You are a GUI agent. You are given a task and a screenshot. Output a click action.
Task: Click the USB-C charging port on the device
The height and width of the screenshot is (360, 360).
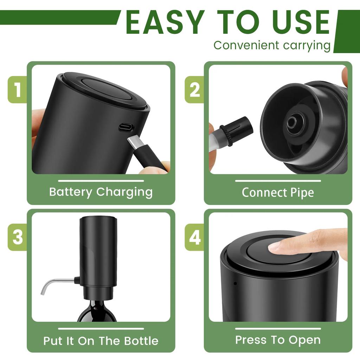pyautogui.click(x=126, y=127)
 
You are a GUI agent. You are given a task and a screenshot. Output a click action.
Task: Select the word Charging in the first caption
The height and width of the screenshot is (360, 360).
pyautogui.click(x=124, y=193)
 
